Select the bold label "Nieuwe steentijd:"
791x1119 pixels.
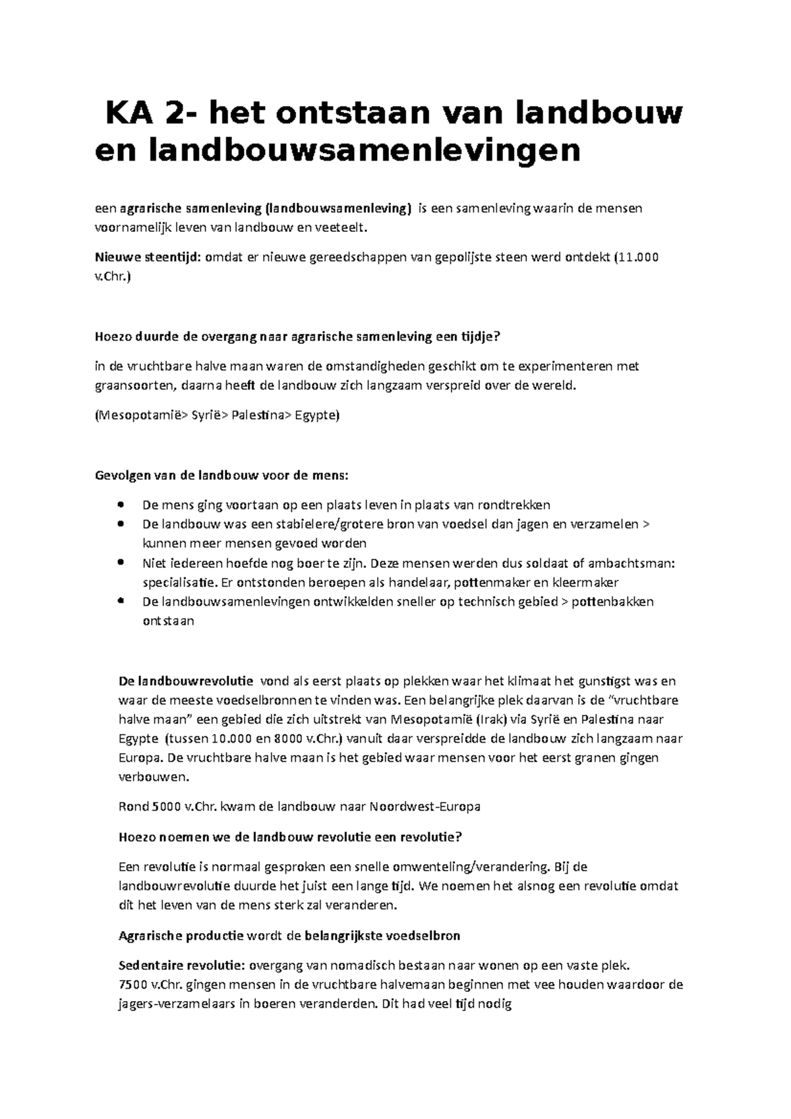click(x=148, y=257)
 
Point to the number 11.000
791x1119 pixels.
click(x=638, y=257)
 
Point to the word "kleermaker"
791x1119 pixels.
click(x=585, y=583)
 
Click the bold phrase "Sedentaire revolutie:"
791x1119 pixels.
click(x=181, y=966)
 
